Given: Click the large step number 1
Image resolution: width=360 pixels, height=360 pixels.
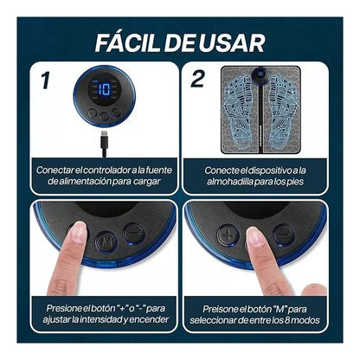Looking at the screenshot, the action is coord(45,80).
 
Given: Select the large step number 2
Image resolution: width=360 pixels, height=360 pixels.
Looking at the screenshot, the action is coord(197,78).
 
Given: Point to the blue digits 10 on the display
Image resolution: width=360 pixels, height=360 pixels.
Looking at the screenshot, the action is coord(104,89).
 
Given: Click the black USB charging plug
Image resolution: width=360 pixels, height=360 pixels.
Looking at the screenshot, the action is coord(104,144).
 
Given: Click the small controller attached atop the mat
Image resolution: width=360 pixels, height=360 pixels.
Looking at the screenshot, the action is coord(260,74).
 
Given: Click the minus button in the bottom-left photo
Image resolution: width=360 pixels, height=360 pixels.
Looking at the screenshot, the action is coord(134,233).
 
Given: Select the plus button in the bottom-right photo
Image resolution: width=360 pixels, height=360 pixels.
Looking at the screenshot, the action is coord(228,235).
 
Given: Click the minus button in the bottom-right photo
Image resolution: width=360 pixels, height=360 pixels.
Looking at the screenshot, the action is coord(284,235).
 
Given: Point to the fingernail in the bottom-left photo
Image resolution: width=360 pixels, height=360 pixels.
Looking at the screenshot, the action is coord(78,232).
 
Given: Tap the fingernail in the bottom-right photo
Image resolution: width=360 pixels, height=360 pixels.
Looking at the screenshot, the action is coord(255,237).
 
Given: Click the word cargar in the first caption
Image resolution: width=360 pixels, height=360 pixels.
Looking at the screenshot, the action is coord(147,182).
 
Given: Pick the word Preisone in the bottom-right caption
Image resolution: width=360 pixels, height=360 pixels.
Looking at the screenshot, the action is coord(221,309).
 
